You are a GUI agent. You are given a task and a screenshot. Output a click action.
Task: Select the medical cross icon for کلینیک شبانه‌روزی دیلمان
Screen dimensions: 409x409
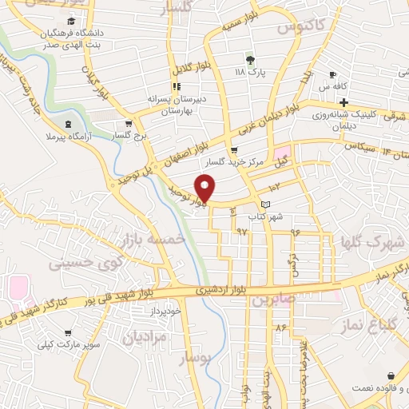coord(343,103)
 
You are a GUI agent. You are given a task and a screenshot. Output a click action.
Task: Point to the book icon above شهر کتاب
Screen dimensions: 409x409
coord(277,205)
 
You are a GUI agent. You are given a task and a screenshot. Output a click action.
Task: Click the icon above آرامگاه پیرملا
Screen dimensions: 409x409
coord(67,124)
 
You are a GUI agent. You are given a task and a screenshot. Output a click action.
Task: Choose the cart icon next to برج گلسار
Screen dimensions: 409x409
coord(128,124)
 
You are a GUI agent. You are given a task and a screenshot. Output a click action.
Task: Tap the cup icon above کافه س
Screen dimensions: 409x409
coord(333,74)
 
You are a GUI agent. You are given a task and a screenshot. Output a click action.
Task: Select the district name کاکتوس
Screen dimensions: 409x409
coord(301,28)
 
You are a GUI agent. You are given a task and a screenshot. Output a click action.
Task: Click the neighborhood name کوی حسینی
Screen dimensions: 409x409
coord(86,261)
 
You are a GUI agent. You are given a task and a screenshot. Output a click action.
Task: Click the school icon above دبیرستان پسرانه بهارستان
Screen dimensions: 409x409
coord(176,86)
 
